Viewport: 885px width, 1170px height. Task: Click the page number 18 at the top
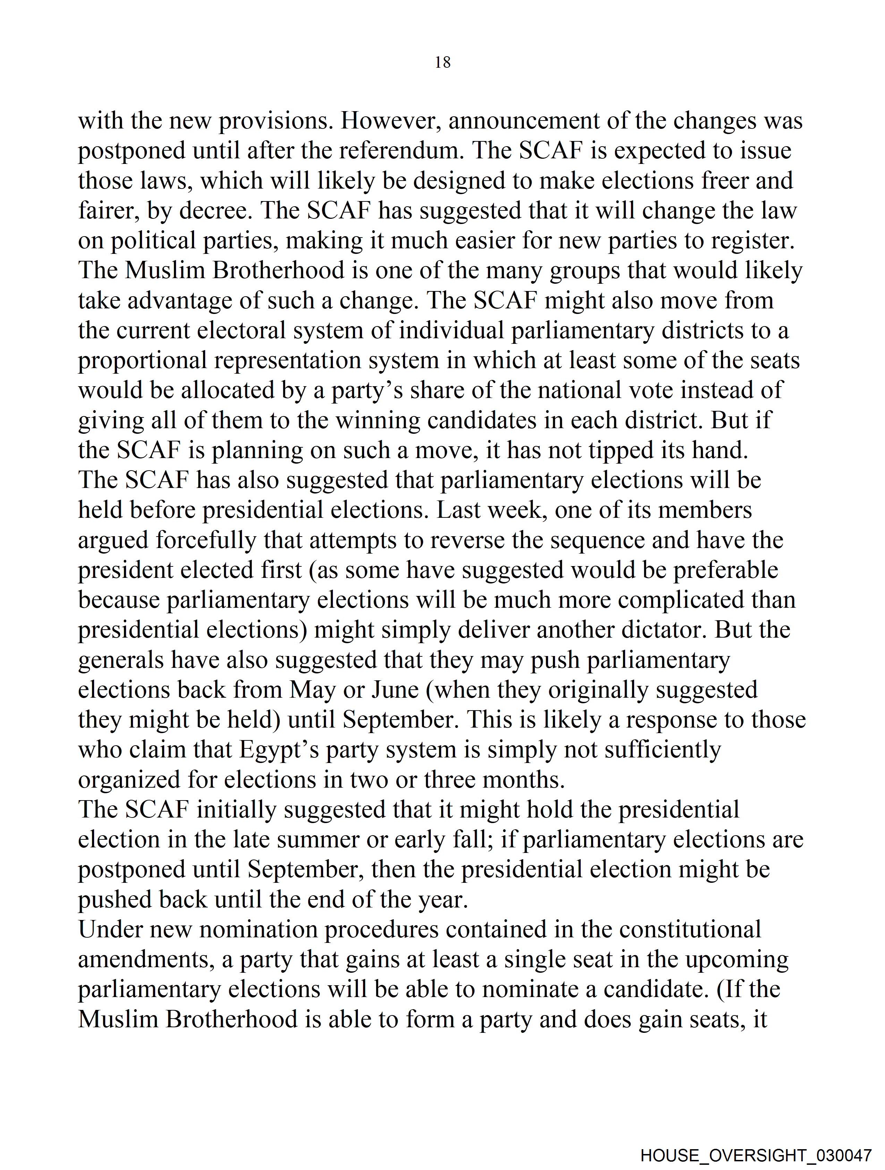click(x=442, y=63)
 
